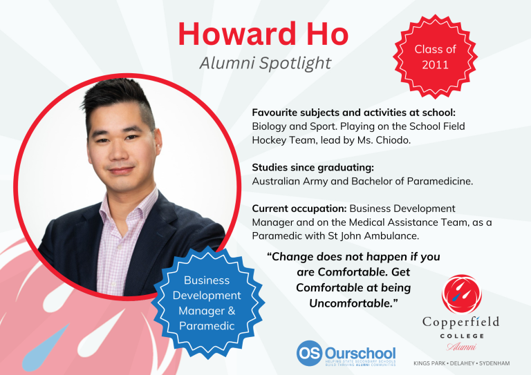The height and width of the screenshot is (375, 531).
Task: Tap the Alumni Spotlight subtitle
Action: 265,64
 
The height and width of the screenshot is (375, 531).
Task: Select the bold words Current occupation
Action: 299,208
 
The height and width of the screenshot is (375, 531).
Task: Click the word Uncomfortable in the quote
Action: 353,302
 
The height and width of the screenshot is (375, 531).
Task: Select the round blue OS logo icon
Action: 308,353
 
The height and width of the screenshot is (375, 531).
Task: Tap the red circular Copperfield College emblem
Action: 460,292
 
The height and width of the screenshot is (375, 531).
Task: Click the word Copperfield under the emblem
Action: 460,323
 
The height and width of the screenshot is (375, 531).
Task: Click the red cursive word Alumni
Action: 460,346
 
